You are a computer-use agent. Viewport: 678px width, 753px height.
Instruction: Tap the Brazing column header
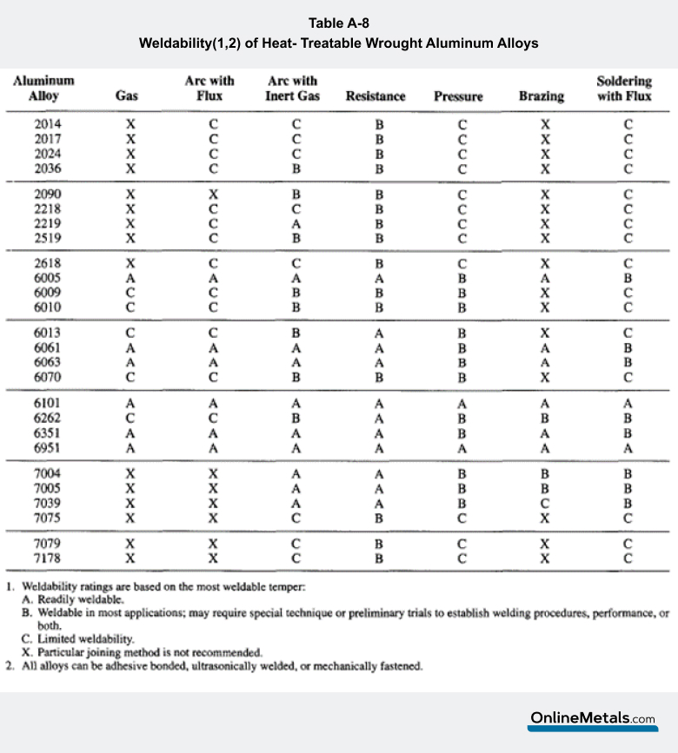tap(542, 96)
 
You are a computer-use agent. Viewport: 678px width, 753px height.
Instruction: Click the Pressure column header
tap(458, 96)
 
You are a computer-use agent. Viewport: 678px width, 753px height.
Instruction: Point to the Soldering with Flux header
tap(624, 89)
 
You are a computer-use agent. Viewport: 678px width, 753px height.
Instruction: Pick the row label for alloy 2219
tap(48, 223)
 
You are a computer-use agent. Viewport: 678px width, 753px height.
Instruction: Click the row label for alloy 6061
tap(48, 347)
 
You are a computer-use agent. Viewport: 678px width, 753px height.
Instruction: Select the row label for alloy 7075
tap(48, 519)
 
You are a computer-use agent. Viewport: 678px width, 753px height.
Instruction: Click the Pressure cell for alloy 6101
tap(463, 403)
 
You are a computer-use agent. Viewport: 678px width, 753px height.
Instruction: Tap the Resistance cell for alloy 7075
tap(379, 519)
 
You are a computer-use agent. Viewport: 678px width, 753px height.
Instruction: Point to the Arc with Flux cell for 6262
tap(213, 418)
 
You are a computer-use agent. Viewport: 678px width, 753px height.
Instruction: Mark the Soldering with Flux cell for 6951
tap(628, 448)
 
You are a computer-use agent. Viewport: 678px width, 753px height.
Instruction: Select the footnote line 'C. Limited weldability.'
tap(77, 638)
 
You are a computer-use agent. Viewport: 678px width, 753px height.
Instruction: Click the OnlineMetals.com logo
tap(594, 719)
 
